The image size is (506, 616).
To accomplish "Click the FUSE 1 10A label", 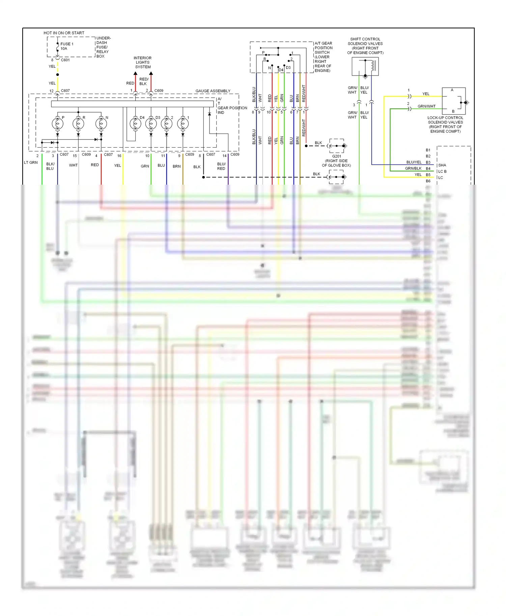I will [66, 46].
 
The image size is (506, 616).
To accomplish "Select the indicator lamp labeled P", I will [57, 124].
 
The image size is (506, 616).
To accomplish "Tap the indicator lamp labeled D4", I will [135, 124].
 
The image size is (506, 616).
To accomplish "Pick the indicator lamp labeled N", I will [101, 124].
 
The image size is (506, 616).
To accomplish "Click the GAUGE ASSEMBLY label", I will [213, 91].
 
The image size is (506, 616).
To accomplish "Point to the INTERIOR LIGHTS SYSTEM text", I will [143, 62].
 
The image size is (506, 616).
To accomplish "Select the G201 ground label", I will [336, 156].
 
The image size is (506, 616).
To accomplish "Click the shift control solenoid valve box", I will [365, 66].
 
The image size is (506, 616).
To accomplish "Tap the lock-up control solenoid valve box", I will [454, 101].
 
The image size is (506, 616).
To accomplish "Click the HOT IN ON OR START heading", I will [64, 33].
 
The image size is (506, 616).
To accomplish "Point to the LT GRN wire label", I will [31, 162].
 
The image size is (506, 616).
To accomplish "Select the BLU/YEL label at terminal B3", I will [414, 162].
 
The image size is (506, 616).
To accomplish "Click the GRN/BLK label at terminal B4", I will [413, 168].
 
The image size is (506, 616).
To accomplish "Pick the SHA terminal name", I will [442, 165].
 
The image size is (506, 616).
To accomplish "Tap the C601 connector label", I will [65, 60].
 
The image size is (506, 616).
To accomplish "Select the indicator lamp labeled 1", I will [183, 124].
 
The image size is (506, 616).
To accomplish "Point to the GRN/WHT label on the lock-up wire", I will [426, 106].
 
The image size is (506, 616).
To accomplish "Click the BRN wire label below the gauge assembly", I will [176, 166].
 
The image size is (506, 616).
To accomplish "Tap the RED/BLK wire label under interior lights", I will [144, 82].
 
